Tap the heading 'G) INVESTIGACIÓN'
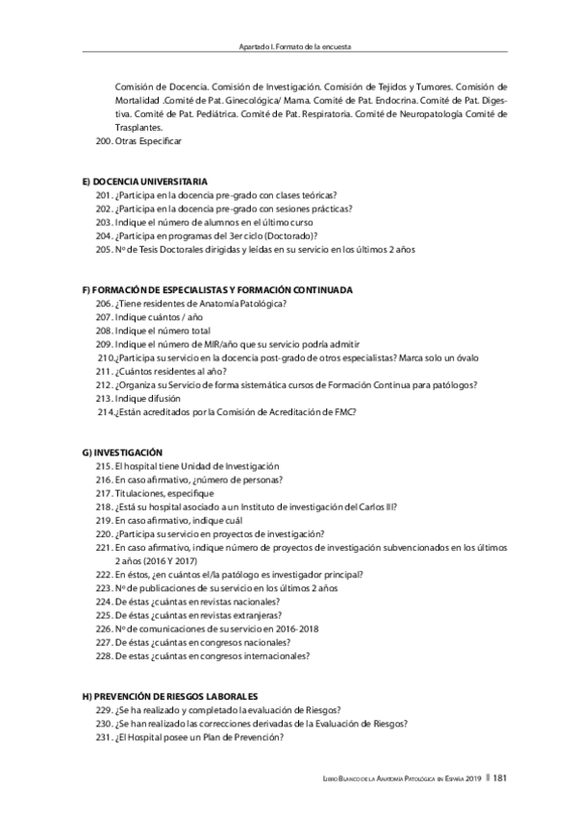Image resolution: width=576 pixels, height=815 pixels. [124, 452]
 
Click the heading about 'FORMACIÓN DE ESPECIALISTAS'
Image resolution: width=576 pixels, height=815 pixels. [218, 289]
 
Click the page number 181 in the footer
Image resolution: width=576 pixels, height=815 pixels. [500, 779]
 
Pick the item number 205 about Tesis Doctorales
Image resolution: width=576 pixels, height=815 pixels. [255, 249]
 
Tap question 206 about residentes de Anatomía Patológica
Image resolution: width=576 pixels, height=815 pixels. [197, 303]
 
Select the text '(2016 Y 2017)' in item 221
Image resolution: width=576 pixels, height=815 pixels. [145, 560]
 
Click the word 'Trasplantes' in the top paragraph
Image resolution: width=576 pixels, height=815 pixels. [139, 127]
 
